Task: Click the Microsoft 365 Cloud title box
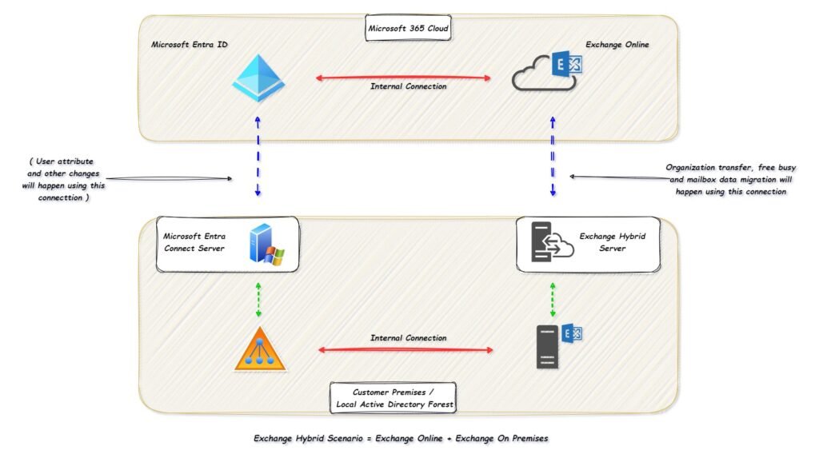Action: pos(409,28)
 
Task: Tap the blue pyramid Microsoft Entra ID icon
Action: pos(258,78)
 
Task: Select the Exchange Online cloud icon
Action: pos(547,73)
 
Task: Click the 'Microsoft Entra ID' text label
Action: pos(190,45)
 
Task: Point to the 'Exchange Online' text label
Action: pos(617,45)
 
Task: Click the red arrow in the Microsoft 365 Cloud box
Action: pos(403,78)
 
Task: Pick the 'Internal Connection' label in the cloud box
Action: pos(409,86)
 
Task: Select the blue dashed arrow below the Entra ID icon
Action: pos(257,156)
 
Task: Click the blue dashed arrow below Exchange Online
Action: pos(552,156)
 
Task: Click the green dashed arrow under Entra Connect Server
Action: pos(258,300)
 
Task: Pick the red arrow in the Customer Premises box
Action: pos(406,349)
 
